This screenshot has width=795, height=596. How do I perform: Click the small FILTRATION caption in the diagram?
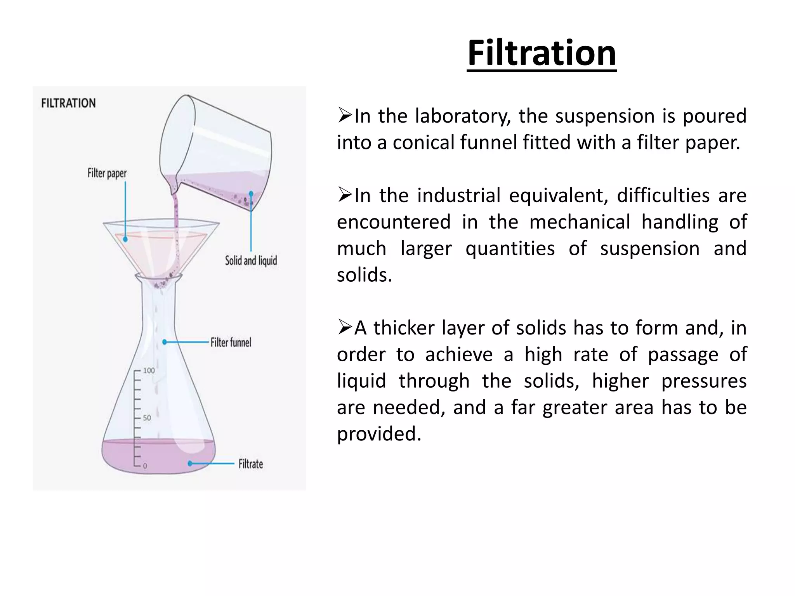[x=68, y=103]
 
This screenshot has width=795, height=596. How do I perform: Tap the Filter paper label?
[x=107, y=173]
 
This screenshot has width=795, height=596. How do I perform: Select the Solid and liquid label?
[x=251, y=260]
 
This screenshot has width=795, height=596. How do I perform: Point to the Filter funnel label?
[x=231, y=342]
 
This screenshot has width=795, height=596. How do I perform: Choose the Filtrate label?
[x=250, y=464]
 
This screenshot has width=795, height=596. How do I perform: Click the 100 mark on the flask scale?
[x=149, y=371]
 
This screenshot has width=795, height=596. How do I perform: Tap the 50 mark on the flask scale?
[x=147, y=418]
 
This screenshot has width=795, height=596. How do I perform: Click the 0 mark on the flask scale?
[x=145, y=466]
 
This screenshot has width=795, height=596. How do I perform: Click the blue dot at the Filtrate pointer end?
[x=190, y=463]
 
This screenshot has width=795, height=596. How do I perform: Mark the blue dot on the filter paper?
[x=125, y=239]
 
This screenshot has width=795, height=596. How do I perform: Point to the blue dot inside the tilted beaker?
[x=251, y=193]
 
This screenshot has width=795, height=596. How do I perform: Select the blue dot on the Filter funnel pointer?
[x=165, y=342]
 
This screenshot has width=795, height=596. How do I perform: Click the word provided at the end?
[x=378, y=434]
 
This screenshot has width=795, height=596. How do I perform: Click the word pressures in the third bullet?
[x=703, y=381]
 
